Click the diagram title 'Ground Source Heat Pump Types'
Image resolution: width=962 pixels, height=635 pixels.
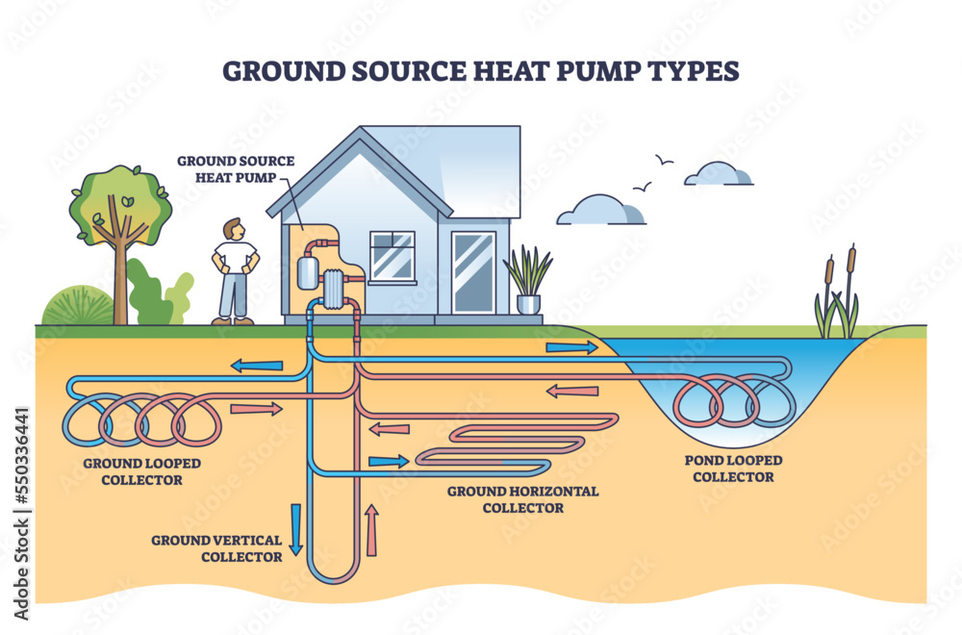pyautogui.click(x=480, y=72)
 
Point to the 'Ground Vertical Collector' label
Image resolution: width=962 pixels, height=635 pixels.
pyautogui.click(x=216, y=547)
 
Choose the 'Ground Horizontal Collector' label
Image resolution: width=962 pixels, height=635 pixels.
pyautogui.click(x=522, y=498)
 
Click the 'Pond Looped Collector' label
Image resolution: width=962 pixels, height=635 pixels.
pyautogui.click(x=733, y=468)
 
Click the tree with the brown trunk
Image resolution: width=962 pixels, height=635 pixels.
pyautogui.click(x=120, y=241)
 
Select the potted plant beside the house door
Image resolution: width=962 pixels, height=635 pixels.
pyautogui.click(x=528, y=279)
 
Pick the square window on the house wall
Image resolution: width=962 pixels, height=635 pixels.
pyautogui.click(x=392, y=256)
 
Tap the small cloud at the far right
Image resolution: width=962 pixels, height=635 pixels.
pyautogui.click(x=721, y=174)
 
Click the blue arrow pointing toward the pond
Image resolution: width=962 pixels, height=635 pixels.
pyautogui.click(x=570, y=346)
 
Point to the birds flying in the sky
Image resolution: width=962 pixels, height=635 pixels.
pyautogui.click(x=652, y=173)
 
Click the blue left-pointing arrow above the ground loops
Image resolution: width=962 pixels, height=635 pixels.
pyautogui.click(x=257, y=366)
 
